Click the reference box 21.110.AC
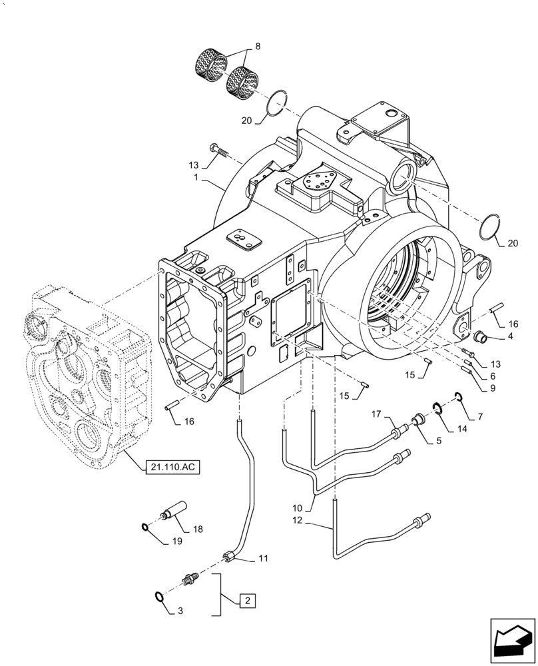172,466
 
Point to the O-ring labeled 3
159,597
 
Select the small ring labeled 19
146,527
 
